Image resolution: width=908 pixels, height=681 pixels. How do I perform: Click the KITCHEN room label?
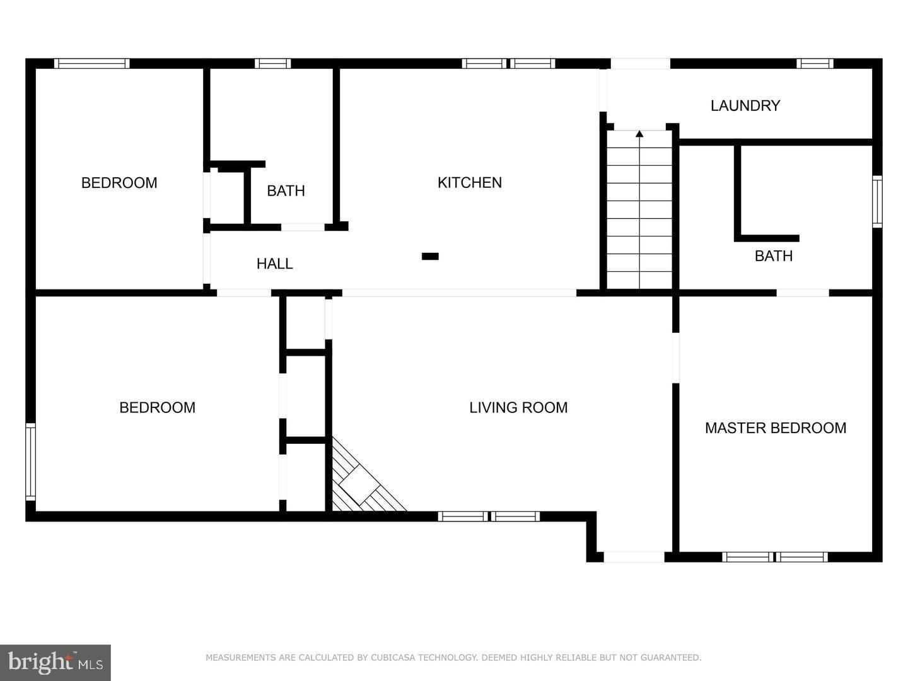click(470, 183)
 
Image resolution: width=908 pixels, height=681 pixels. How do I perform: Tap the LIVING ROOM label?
click(518, 408)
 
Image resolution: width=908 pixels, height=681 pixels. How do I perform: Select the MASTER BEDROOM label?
click(775, 428)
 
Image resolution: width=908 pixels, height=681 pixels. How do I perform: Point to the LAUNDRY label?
click(745, 106)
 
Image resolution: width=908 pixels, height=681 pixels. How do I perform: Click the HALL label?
click(274, 264)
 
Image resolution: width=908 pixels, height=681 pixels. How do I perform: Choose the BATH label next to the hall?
click(286, 191)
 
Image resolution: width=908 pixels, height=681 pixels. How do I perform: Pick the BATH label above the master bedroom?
click(774, 256)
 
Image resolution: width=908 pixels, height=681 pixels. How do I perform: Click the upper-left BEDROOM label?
click(119, 183)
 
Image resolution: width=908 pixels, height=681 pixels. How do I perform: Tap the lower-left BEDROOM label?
click(157, 408)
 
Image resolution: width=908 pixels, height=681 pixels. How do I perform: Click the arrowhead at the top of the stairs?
click(639, 133)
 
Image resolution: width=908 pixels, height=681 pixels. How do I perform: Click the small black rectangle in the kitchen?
click(430, 256)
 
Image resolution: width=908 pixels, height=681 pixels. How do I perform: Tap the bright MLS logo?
click(55, 662)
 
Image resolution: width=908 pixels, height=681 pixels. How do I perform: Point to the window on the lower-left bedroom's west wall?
click(30, 462)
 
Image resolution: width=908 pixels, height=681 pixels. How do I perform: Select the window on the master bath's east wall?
click(877, 202)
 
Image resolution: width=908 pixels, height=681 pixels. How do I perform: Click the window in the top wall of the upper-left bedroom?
click(91, 63)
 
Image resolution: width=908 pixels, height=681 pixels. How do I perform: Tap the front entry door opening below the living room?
click(634, 557)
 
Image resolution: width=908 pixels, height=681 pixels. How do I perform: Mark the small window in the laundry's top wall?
click(815, 63)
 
